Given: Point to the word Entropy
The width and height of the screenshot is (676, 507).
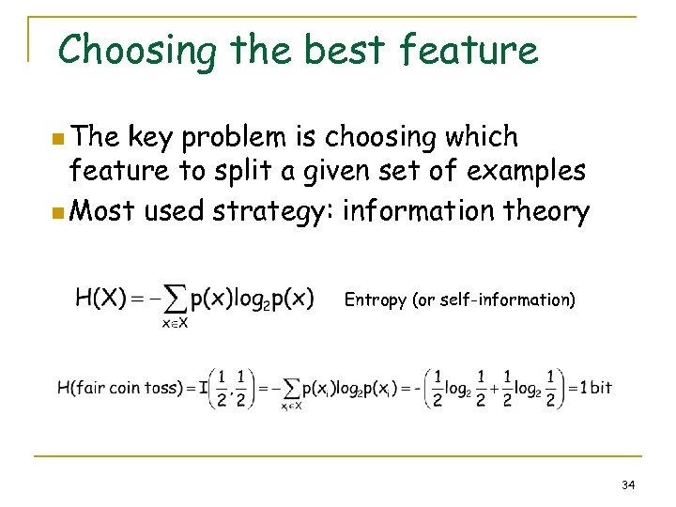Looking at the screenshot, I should click(376, 300).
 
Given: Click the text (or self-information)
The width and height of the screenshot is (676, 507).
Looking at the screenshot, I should click(494, 300).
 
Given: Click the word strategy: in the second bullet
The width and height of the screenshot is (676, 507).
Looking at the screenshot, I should click(273, 210).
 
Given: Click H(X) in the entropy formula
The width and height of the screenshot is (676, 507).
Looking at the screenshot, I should click(100, 299).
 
